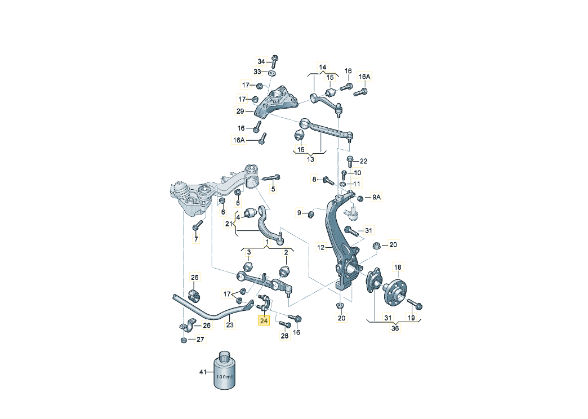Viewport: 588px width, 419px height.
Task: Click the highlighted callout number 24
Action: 264,320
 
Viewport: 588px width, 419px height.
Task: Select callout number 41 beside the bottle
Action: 203,372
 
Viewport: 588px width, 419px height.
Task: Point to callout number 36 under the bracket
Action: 395,328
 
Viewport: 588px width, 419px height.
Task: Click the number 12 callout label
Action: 320,248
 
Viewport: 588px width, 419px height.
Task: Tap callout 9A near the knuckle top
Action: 376,197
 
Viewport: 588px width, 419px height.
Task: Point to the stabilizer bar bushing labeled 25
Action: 194,295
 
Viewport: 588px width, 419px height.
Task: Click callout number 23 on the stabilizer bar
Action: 230,325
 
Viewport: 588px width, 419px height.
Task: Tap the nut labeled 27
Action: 184,340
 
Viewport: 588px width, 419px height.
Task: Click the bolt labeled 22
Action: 350,161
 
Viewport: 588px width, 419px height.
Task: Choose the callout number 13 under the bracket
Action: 310,159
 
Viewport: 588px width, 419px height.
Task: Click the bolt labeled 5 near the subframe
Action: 271,177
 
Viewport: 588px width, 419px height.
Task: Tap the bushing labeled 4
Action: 250,212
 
